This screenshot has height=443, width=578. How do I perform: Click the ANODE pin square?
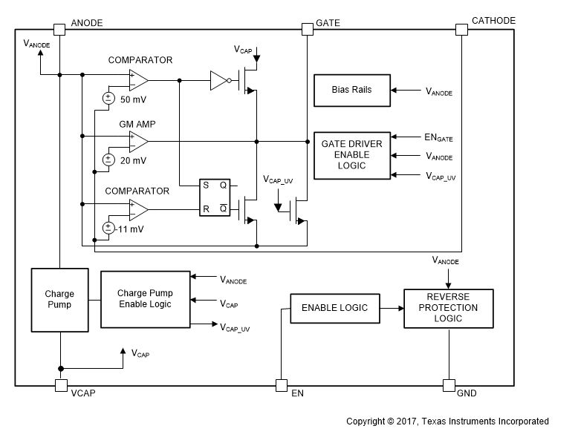pos(59,29)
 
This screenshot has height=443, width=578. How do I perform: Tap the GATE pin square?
pos(307,29)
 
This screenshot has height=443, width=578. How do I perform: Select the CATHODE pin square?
pos(461,29)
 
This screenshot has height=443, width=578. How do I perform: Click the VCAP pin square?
pos(59,385)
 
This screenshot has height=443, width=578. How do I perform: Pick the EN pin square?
pos(281,385)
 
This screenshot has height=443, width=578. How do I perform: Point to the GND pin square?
pos(449,385)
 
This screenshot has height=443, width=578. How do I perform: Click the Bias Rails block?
pos(351,90)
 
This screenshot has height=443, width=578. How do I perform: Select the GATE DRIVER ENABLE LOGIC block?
pos(351,155)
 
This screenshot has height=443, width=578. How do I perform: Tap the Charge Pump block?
pos(59,300)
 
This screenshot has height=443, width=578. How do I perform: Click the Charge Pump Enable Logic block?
pos(144,299)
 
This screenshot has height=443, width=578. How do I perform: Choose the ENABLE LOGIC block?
pos(328,307)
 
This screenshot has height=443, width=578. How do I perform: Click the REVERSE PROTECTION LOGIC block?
pos(447,307)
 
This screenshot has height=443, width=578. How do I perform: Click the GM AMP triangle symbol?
pos(138,139)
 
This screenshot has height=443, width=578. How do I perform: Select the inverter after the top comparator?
pos(219,79)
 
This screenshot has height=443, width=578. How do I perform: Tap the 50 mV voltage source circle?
pos(108,98)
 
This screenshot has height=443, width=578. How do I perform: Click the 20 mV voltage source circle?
pos(108,159)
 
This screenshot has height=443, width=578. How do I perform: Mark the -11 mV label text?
pos(131,229)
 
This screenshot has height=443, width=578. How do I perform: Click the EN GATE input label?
pos(437,137)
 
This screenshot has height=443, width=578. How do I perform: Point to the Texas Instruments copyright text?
pos(447,421)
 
